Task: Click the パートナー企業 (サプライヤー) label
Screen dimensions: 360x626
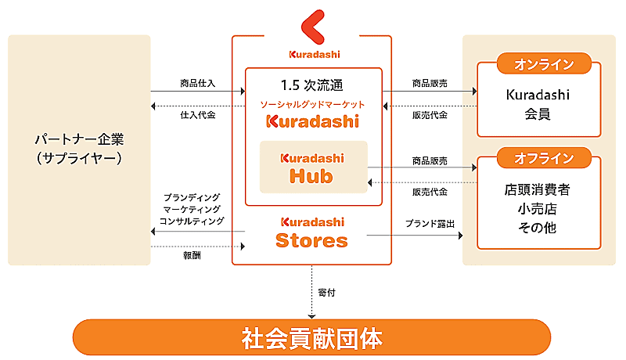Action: coord(79,148)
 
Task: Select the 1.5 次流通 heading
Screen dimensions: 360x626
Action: coord(311,84)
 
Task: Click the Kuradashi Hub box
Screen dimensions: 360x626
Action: coord(313,167)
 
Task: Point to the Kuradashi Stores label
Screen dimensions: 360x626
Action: coord(311,232)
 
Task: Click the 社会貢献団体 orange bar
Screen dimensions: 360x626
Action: coord(312,338)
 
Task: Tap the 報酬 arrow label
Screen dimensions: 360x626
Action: coord(191,256)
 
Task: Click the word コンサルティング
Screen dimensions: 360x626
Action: coord(192,221)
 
